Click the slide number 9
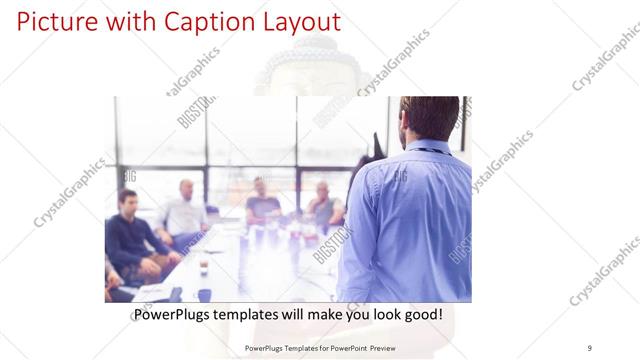click(590, 347)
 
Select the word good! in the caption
click(420, 315)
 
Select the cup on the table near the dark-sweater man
click(203, 265)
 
